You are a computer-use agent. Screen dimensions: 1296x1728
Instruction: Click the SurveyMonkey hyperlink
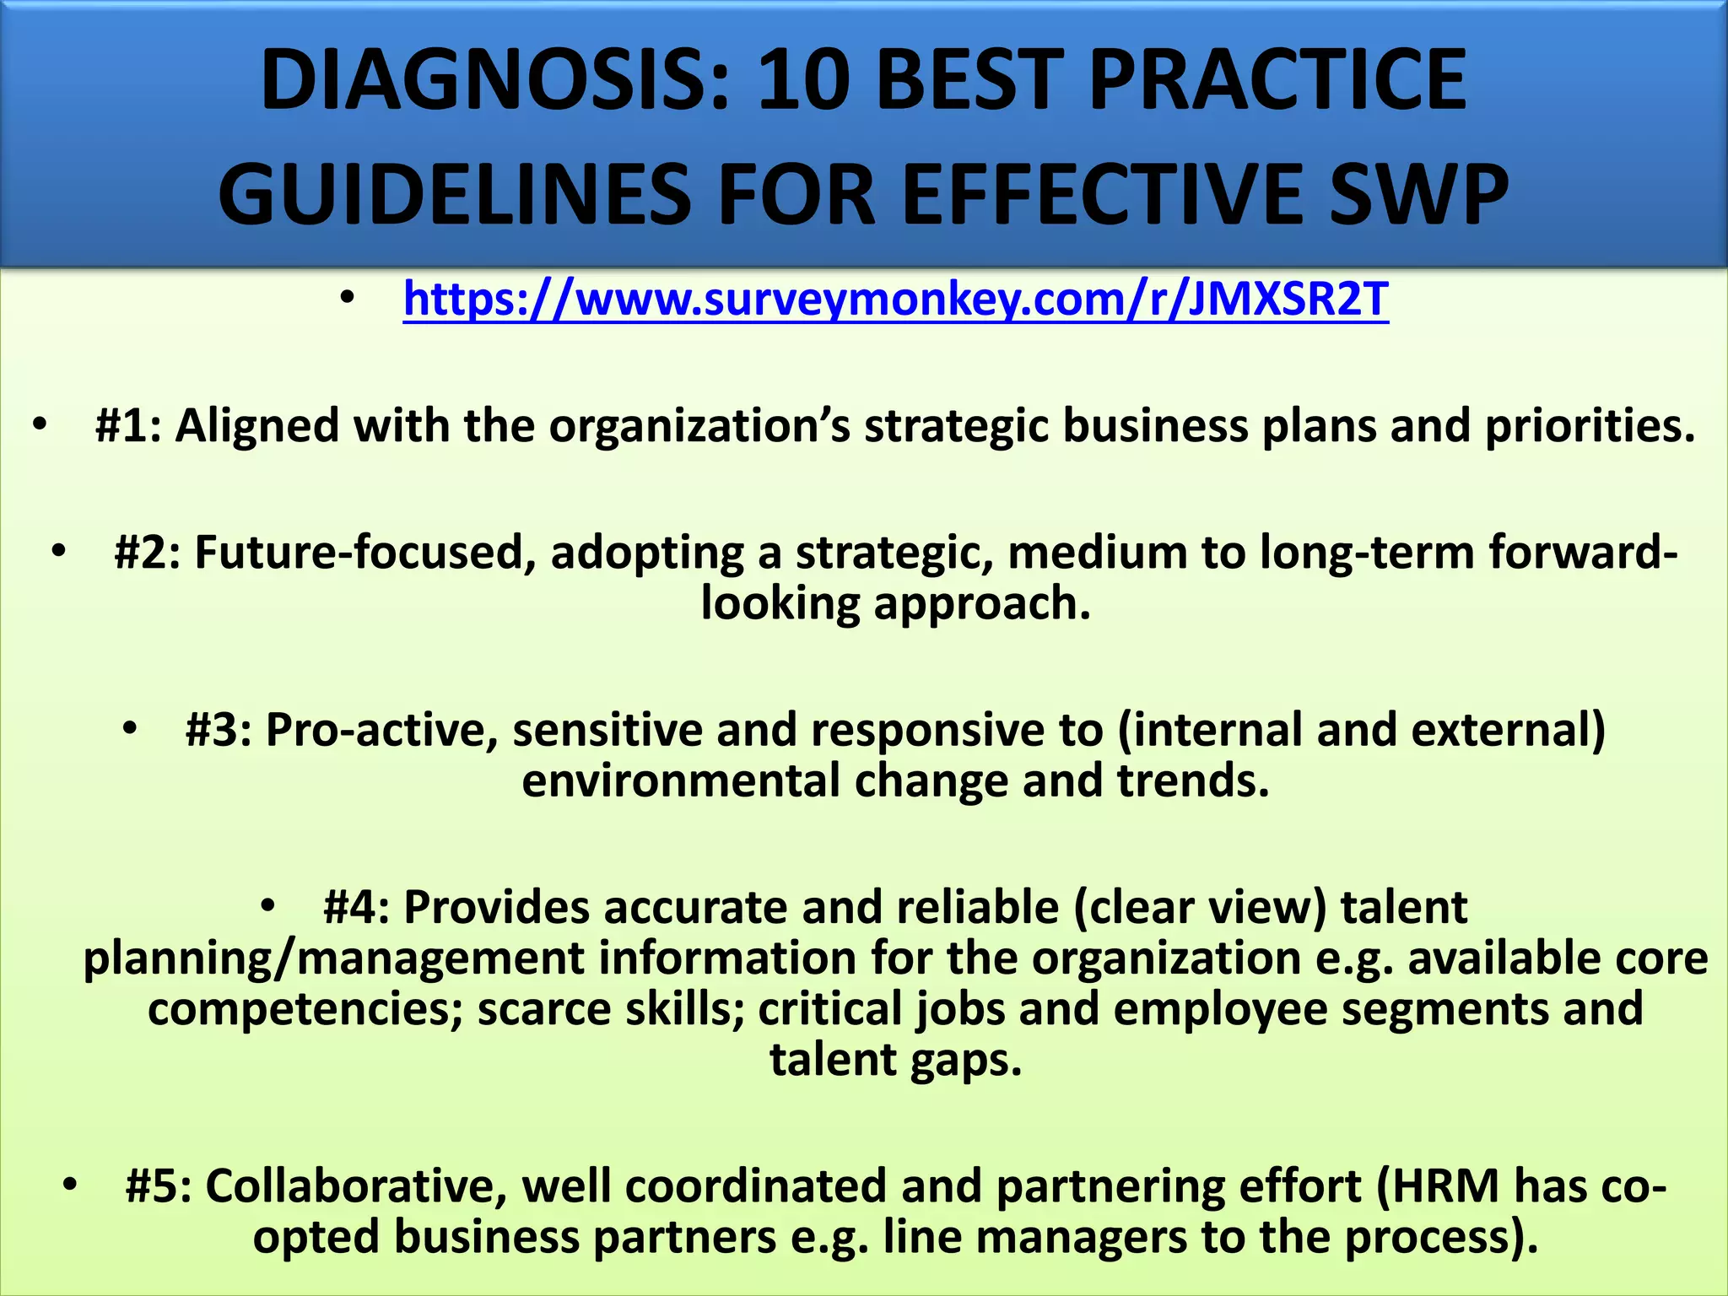895,300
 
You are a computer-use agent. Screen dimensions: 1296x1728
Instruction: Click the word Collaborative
357,1186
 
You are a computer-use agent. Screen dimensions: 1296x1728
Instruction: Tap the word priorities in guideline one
1590,425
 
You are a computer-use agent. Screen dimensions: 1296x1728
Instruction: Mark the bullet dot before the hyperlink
347,298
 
